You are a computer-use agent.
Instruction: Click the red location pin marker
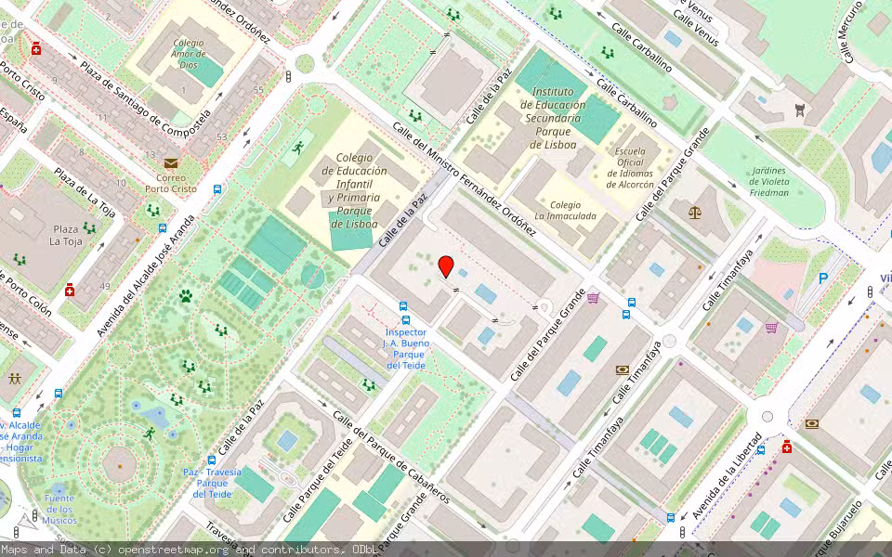point(446,266)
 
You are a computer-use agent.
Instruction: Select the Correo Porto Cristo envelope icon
point(171,163)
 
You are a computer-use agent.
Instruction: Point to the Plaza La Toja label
point(65,235)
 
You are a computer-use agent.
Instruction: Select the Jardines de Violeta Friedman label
point(767,182)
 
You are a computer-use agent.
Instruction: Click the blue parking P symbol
point(822,278)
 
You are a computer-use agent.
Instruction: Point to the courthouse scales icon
point(696,212)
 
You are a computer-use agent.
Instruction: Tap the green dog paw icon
point(186,296)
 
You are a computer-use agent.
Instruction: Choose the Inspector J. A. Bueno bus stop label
point(405,348)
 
